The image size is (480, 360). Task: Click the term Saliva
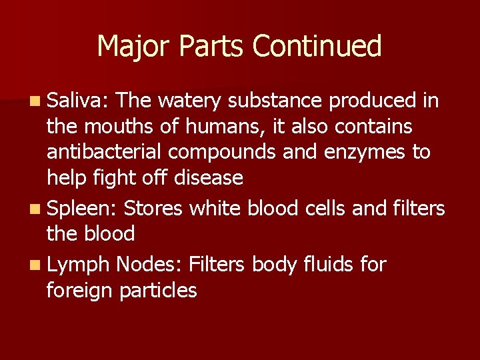point(73,101)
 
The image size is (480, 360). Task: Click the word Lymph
point(77,265)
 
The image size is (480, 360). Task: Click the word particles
point(159,291)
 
